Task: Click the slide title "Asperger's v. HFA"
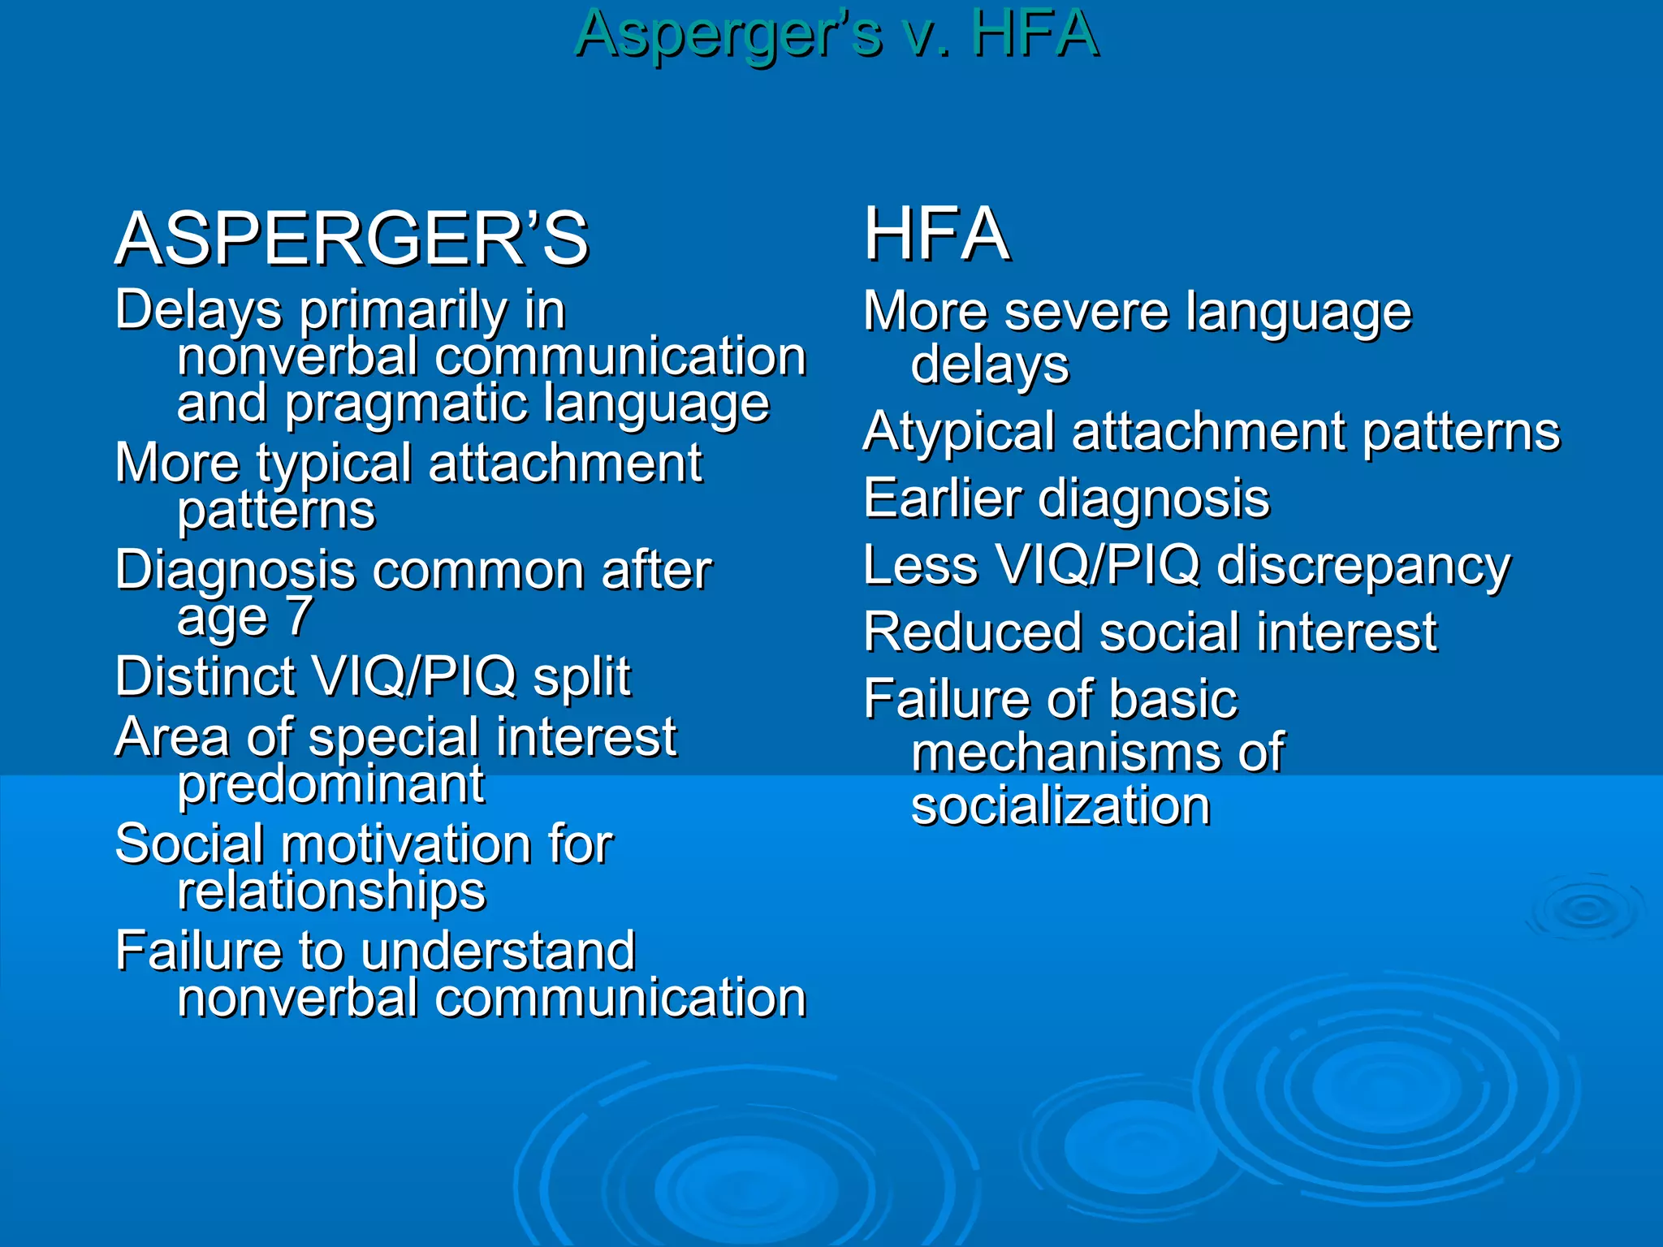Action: tap(836, 34)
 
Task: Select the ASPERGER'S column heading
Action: tap(352, 239)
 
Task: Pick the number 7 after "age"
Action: tap(300, 615)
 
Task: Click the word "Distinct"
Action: tap(205, 676)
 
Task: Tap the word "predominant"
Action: tap(330, 784)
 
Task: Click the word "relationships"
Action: tap(331, 891)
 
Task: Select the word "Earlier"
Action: tap(942, 498)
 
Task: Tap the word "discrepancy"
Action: tap(1363, 566)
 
